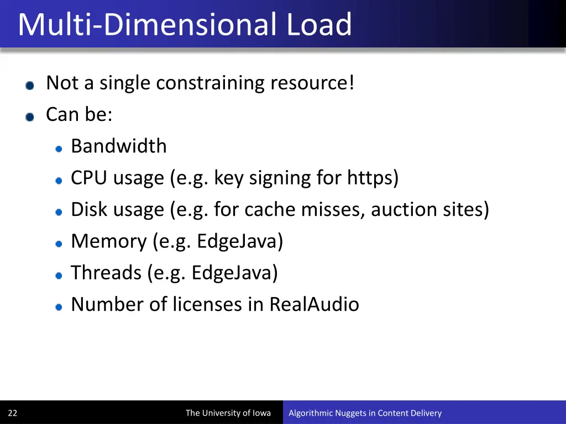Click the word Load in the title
click(x=319, y=24)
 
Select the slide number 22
click(x=13, y=413)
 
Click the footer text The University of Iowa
click(x=228, y=413)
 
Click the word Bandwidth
click(x=118, y=146)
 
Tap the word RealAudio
click(x=314, y=304)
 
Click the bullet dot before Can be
click(x=30, y=116)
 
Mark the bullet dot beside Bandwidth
click(x=59, y=148)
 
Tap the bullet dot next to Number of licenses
click(x=59, y=306)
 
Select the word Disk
click(x=90, y=210)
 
